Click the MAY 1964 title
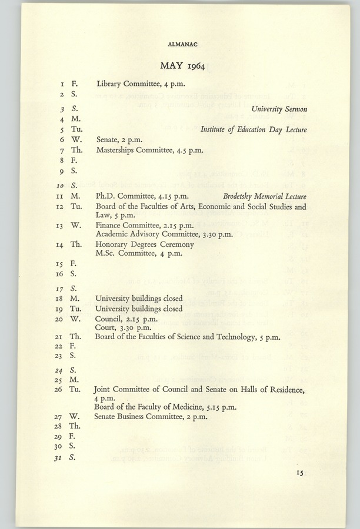click(182, 65)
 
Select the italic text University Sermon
click(280, 109)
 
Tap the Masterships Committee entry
click(149, 151)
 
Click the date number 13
click(59, 225)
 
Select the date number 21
click(59, 337)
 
